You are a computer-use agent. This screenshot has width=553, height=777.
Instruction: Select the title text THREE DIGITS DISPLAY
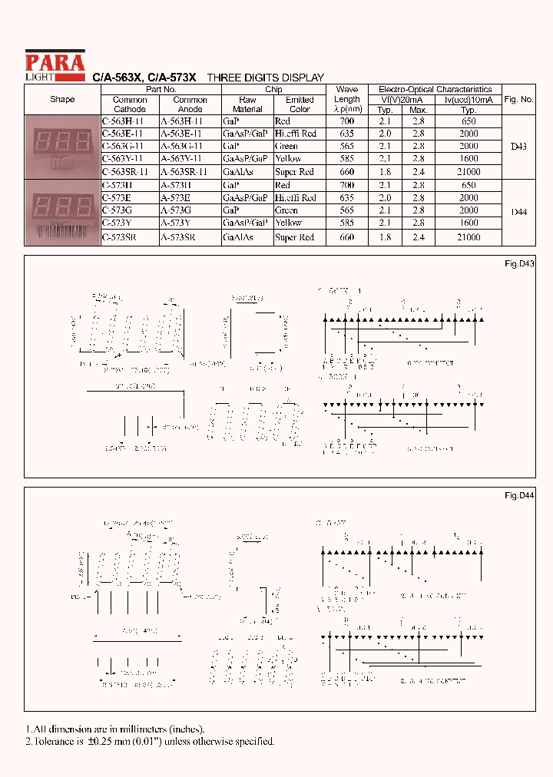point(266,78)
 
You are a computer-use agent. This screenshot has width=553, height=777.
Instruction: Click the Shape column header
point(62,100)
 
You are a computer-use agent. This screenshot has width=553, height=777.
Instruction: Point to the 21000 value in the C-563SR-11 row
point(468,172)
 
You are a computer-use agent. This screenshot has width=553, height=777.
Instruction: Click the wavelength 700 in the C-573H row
point(346,185)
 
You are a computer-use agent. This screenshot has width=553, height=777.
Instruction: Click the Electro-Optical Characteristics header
point(435,90)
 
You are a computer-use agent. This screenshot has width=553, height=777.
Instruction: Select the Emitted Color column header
point(300,104)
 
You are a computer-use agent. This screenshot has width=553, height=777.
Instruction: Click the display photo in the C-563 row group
point(62,146)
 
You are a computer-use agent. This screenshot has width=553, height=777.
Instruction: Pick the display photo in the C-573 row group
point(62,211)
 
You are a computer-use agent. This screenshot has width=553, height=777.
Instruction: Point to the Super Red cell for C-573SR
point(294,237)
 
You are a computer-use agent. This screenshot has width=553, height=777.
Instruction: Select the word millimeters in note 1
point(126,729)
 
